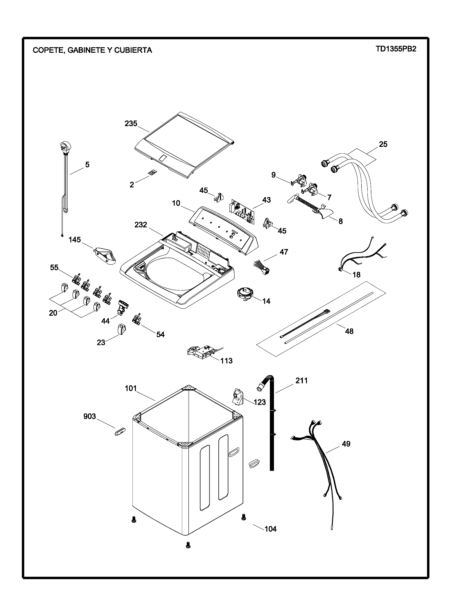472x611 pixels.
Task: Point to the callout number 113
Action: [226, 361]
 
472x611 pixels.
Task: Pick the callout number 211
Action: [301, 380]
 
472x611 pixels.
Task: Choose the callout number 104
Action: [270, 529]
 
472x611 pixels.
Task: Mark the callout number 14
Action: [266, 301]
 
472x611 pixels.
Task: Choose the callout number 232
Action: [141, 225]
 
